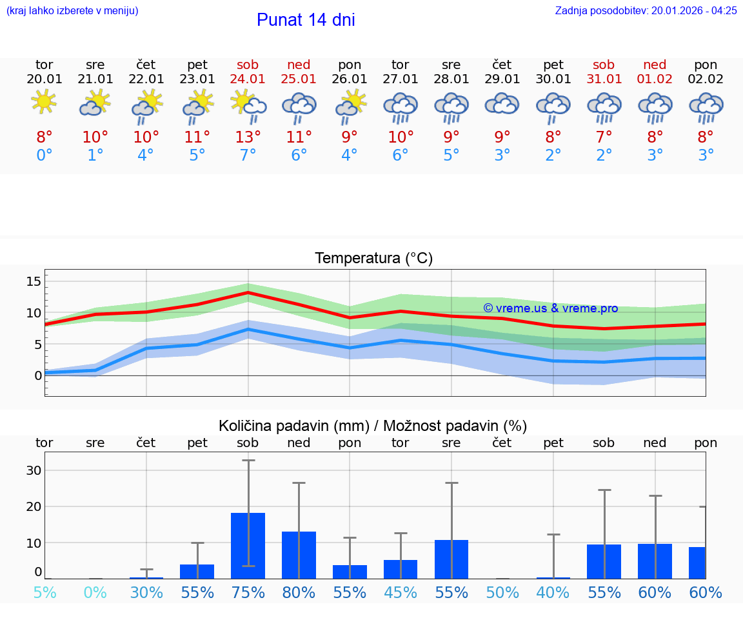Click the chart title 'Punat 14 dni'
tap(306, 20)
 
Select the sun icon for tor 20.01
tap(44, 102)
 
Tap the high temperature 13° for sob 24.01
tap(248, 137)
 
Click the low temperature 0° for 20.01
tap(44, 155)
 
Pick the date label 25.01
tap(299, 79)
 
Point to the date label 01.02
tap(655, 79)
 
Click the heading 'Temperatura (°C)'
tap(373, 259)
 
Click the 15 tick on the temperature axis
tap(34, 281)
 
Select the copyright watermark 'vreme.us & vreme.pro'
tap(550, 308)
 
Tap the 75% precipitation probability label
tap(248, 592)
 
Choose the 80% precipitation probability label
tap(299, 592)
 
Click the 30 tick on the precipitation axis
tap(34, 470)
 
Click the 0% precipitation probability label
tap(95, 592)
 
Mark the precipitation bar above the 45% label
tap(401, 569)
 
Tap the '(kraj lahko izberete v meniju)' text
tap(72, 10)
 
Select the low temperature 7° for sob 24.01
tap(248, 155)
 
